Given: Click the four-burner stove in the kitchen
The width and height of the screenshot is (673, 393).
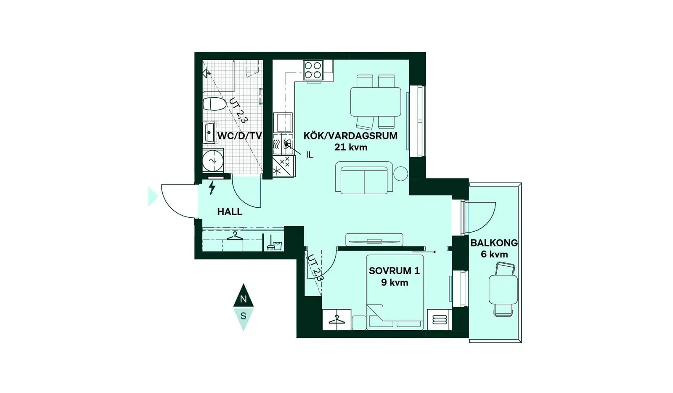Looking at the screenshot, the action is point(313,70).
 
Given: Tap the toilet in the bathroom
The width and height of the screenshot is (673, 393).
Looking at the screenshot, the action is point(214,104).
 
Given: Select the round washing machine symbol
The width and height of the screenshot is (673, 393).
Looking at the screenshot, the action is point(213,161).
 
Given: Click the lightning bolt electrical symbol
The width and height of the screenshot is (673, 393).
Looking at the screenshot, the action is point(212,187).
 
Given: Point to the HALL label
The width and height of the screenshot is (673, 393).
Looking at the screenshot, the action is point(230,212).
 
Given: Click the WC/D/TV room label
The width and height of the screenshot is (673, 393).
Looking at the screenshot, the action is point(239,136).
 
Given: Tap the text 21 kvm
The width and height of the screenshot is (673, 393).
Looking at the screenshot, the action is point(351,147).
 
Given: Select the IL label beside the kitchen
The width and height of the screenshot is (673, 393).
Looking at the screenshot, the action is point(310,155).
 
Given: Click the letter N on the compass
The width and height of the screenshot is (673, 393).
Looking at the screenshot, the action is point(244,299).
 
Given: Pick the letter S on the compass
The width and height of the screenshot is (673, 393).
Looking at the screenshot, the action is point(244,316).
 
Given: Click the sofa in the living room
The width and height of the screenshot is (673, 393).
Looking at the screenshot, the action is point(364,177).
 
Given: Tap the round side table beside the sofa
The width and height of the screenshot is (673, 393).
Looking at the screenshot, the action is point(400,174).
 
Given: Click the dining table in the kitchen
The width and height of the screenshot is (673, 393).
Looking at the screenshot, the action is point(376,102).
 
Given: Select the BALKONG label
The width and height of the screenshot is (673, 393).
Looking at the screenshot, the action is point(494,243).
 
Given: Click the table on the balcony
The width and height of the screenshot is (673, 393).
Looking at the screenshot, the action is point(503,289).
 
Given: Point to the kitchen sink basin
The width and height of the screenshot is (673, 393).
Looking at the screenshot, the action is point(283,123).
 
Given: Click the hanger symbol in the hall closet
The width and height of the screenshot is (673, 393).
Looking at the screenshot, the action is point(235,236).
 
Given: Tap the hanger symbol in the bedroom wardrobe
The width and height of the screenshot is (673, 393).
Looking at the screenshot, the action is point(336,320).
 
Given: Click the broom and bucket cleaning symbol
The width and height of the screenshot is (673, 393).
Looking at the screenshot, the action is point(274,244).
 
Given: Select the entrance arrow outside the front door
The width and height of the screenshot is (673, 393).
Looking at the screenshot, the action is point(153,196).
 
